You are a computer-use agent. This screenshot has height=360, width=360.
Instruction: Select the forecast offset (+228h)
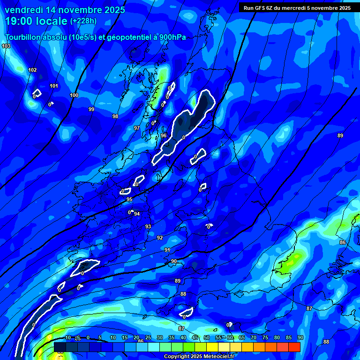click(83, 21)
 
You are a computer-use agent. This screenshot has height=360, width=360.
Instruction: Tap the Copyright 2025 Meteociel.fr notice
click(206, 357)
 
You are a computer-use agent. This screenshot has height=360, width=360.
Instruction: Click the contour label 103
click(6, 46)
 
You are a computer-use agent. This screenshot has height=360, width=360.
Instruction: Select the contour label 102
click(32, 70)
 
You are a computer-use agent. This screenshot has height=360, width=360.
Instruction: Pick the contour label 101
click(54, 86)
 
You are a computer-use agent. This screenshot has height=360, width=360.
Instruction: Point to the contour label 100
click(74, 95)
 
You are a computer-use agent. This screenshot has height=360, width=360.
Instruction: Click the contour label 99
click(91, 109)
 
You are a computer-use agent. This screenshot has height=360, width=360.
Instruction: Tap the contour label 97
click(137, 128)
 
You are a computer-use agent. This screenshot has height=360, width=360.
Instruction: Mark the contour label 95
click(129, 200)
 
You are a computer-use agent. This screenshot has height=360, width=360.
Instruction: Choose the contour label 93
click(148, 226)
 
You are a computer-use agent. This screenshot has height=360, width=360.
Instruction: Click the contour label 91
click(167, 250)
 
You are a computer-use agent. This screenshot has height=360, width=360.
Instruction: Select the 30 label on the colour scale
click(160, 338)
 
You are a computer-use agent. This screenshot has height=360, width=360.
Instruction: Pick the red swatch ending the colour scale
click(294, 347)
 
